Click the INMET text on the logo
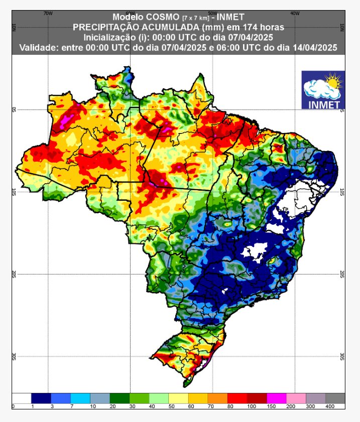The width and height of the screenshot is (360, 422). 323,104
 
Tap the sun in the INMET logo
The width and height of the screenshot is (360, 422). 332,80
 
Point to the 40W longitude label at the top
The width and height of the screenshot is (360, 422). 294,14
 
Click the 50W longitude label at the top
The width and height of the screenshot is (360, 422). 212,14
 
